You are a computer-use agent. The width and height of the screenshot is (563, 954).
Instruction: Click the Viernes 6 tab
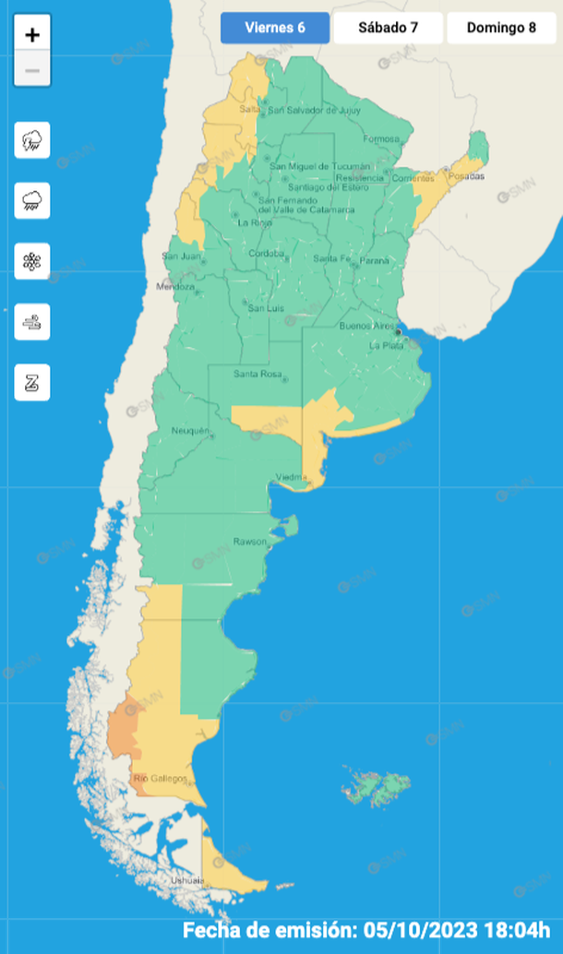click(x=275, y=28)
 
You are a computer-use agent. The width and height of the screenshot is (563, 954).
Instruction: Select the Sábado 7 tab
click(x=388, y=28)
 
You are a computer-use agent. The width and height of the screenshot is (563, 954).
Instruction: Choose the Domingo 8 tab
click(x=501, y=28)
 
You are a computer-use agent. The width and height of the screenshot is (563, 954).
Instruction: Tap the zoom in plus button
click(x=32, y=35)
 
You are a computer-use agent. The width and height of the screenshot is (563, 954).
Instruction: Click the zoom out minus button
click(x=32, y=70)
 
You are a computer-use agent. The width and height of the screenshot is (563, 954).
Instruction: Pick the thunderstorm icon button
click(x=32, y=140)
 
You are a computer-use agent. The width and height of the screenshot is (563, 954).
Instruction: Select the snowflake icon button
click(x=32, y=261)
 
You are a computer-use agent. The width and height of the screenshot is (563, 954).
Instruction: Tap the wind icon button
click(x=32, y=322)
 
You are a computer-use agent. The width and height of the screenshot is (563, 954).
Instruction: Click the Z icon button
click(x=32, y=382)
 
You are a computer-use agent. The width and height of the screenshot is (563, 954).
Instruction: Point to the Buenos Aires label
click(x=367, y=327)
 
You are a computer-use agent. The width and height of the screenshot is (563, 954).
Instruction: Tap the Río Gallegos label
click(x=161, y=779)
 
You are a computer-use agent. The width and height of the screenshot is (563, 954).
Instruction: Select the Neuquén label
click(x=191, y=431)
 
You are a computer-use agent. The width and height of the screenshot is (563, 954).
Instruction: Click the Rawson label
click(x=249, y=541)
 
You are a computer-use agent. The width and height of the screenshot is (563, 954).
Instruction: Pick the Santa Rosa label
click(x=258, y=374)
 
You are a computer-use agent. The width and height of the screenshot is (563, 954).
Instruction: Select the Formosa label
click(x=381, y=139)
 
